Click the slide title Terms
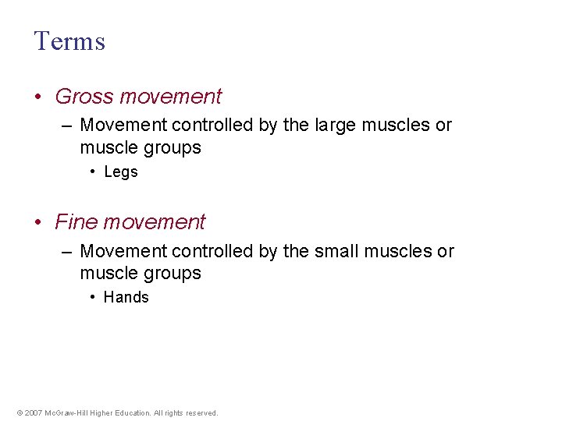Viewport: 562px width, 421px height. coord(69,41)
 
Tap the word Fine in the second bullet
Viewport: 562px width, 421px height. coord(76,222)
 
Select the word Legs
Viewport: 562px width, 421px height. coord(120,172)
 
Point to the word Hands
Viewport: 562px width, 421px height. coord(126,297)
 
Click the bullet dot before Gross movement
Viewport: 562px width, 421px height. coord(39,97)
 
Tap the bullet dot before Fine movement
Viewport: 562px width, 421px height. coord(39,223)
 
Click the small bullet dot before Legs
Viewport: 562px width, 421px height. coord(93,172)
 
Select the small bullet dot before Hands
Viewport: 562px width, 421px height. coord(93,297)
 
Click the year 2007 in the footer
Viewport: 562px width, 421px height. coord(33,413)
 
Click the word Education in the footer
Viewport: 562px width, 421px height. coord(131,413)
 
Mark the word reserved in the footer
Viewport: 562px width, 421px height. coord(201,413)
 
